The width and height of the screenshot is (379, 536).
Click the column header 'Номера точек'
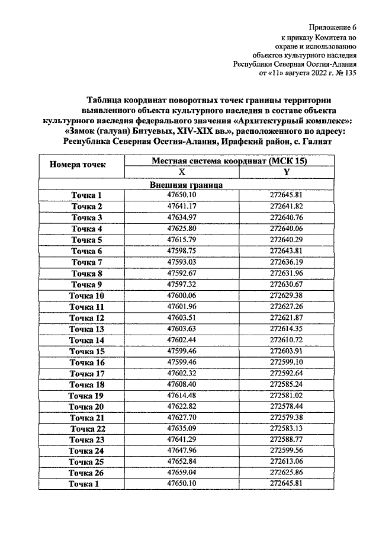[x=82, y=165]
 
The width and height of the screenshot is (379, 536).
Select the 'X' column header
[x=182, y=172]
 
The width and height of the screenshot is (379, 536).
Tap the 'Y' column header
[x=286, y=172]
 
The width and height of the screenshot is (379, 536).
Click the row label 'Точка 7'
[x=87, y=262]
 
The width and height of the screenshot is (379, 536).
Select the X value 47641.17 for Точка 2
[x=182, y=206]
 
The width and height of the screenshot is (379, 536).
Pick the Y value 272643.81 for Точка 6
[x=286, y=251]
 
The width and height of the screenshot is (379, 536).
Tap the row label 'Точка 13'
[x=87, y=329]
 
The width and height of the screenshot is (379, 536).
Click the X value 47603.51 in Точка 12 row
[x=182, y=318]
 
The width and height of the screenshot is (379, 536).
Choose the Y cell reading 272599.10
[x=286, y=362]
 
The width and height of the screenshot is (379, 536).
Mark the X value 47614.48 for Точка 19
[x=182, y=396]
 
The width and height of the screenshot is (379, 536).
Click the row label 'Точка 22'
[x=87, y=429]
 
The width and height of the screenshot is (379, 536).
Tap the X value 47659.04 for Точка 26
[x=182, y=473]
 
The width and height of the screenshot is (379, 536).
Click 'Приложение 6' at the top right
[x=334, y=27]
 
